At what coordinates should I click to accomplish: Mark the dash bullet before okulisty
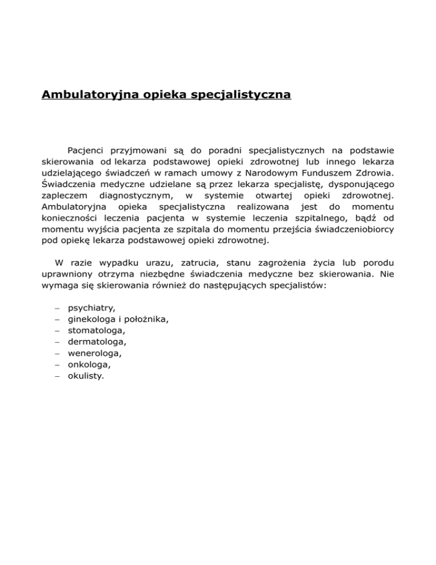pos(58,376)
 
